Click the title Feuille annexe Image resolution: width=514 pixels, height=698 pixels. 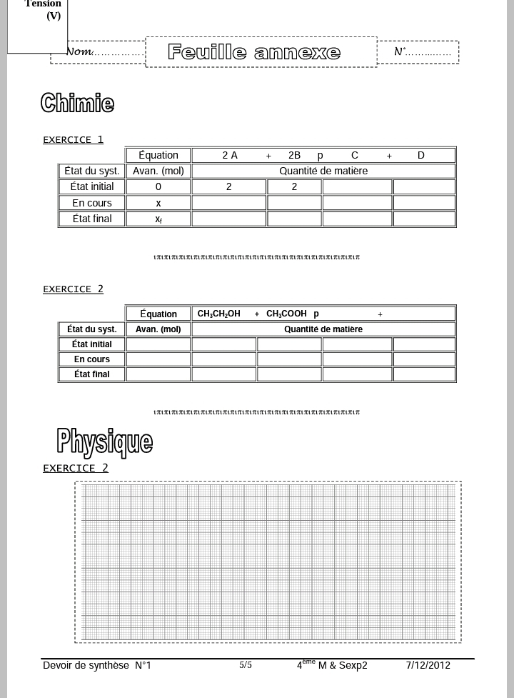tap(254, 52)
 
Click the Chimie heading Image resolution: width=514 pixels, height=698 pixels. tap(77, 103)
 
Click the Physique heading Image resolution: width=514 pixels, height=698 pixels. tap(104, 442)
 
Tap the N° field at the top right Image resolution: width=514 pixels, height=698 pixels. tap(421, 52)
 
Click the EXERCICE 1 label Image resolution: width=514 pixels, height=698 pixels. tap(73, 139)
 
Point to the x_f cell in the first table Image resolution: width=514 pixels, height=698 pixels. tap(158, 219)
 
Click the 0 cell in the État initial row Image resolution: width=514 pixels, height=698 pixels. tap(158, 187)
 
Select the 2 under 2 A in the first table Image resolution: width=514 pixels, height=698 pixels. tap(229, 187)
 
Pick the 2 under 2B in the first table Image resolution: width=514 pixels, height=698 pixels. tap(294, 187)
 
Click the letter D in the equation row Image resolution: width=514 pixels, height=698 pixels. tap(421, 156)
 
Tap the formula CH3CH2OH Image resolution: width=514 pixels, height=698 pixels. tap(219, 314)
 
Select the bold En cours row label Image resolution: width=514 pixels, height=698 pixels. tap(92, 359)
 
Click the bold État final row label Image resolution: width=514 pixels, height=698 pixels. tap(92, 374)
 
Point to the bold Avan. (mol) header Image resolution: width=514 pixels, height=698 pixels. tap(158, 329)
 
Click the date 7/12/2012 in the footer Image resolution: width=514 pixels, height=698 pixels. tap(428, 666)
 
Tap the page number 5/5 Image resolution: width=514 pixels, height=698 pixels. tap(246, 665)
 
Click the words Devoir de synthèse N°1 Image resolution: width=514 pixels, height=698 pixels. tap(97, 666)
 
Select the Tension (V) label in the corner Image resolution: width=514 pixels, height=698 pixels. tap(44, 10)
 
